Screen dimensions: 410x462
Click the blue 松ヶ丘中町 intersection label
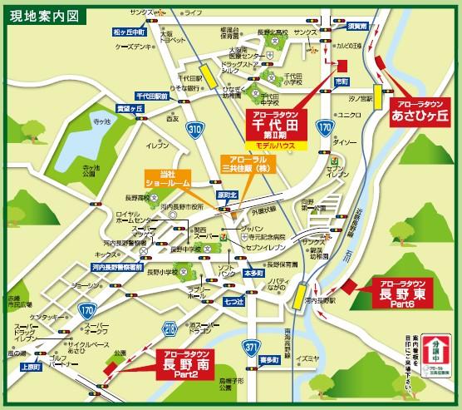point(129,32)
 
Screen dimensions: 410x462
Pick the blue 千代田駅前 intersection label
point(154,96)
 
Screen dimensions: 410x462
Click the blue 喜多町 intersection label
point(268,359)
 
